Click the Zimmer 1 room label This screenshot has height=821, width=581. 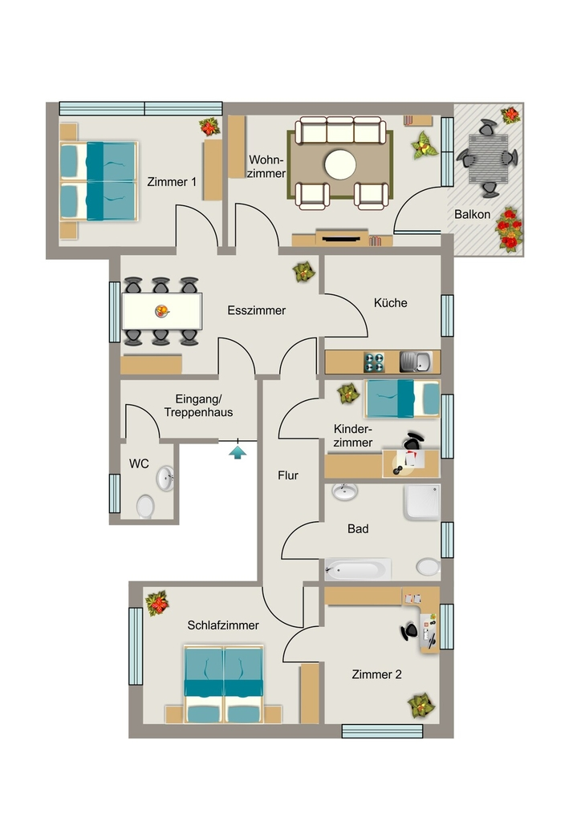pyautogui.click(x=172, y=182)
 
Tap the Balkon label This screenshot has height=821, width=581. pyautogui.click(x=472, y=214)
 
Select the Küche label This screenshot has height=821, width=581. pyautogui.click(x=390, y=302)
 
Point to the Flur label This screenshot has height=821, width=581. pyautogui.click(x=288, y=475)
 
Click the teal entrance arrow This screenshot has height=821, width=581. pyautogui.click(x=238, y=452)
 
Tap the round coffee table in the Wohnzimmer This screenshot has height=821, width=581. pyautogui.click(x=340, y=164)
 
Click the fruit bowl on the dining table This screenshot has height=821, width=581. pyautogui.click(x=162, y=312)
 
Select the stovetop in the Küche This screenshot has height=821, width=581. pyautogui.click(x=374, y=362)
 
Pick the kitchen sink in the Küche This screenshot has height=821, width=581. pyautogui.click(x=416, y=362)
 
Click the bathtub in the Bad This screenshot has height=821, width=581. pyautogui.click(x=358, y=570)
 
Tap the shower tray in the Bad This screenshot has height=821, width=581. pyautogui.click(x=422, y=502)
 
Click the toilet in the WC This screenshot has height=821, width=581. pyautogui.click(x=145, y=508)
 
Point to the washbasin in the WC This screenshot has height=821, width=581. pyautogui.click(x=165, y=478)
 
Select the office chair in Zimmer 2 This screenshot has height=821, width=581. pyautogui.click(x=409, y=632)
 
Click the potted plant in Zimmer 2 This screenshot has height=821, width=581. pyautogui.click(x=421, y=706)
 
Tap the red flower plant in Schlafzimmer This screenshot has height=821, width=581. pyautogui.click(x=157, y=603)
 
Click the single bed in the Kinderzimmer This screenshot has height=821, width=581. pyautogui.click(x=402, y=398)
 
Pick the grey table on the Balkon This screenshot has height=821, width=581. pyautogui.click(x=488, y=159)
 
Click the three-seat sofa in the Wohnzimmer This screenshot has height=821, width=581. pyautogui.click(x=340, y=131)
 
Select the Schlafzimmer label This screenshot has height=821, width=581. pyautogui.click(x=223, y=625)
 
